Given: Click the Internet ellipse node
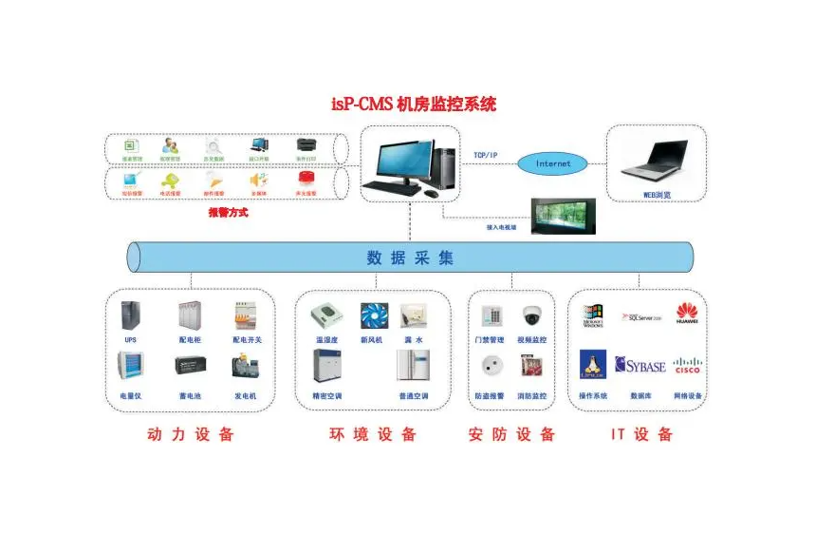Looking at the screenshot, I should (x=553, y=163).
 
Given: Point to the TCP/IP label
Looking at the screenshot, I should (x=486, y=155).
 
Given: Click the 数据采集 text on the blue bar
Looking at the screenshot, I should (x=410, y=257).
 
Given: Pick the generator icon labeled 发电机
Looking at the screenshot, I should (x=245, y=367).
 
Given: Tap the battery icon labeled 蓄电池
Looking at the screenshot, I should (x=189, y=368).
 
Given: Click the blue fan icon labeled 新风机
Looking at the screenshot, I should (x=372, y=316).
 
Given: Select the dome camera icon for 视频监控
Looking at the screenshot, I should (x=531, y=316).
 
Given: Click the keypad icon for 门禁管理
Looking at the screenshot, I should (x=491, y=316).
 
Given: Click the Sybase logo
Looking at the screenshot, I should (x=640, y=366).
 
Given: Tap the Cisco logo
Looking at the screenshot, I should (x=687, y=366).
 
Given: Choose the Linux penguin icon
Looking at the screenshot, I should (x=593, y=365).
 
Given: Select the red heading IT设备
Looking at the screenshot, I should (x=641, y=434).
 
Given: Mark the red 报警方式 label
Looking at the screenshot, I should (x=228, y=213).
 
